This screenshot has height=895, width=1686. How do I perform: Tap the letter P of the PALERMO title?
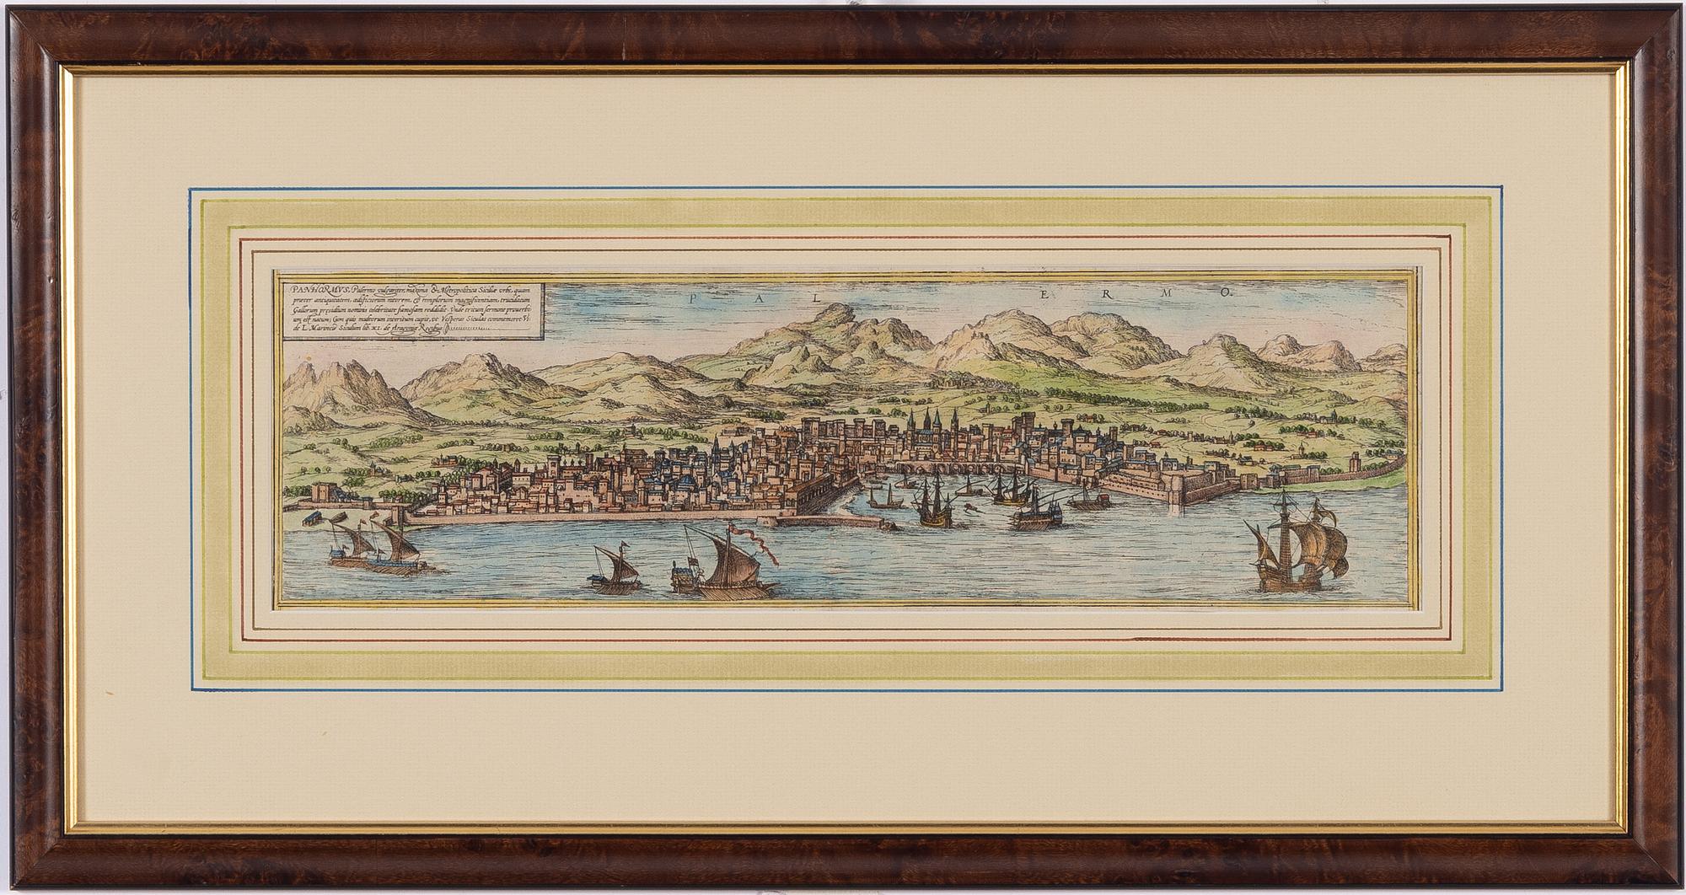tap(692, 297)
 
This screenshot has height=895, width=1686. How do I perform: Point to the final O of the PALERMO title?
tap(1228, 294)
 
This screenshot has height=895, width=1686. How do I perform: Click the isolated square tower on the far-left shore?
tap(322, 491)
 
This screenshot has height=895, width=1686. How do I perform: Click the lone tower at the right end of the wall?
tap(1355, 463)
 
